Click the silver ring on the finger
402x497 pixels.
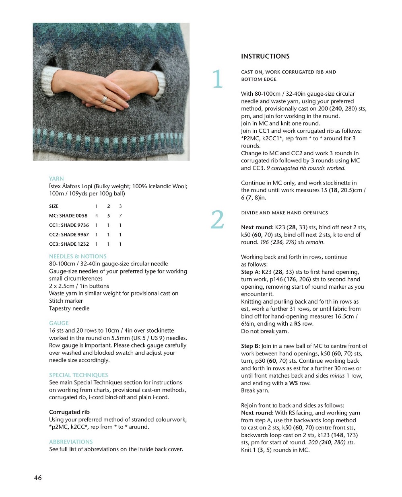point(105,99)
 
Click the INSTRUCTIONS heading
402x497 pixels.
point(265,56)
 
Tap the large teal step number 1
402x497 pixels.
point(217,79)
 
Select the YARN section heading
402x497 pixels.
point(56,179)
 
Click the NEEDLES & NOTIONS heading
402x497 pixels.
point(78,256)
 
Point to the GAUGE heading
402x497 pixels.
point(59,323)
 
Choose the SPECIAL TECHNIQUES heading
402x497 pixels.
point(78,375)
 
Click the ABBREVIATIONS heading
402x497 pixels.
point(71,442)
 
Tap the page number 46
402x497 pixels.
point(38,478)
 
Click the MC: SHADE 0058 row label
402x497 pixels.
point(68,216)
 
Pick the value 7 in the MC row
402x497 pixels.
point(120,216)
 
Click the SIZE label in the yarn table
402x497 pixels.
point(54,206)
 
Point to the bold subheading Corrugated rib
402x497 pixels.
point(69,412)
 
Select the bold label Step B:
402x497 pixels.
point(250,346)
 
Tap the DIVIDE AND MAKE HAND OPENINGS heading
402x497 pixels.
point(284,213)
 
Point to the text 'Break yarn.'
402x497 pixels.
point(255,390)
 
